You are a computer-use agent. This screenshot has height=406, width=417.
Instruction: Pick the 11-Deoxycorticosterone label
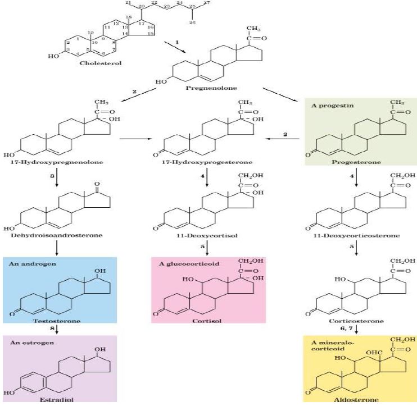tap(355, 235)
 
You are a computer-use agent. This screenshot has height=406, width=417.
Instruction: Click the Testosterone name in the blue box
tap(59, 321)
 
